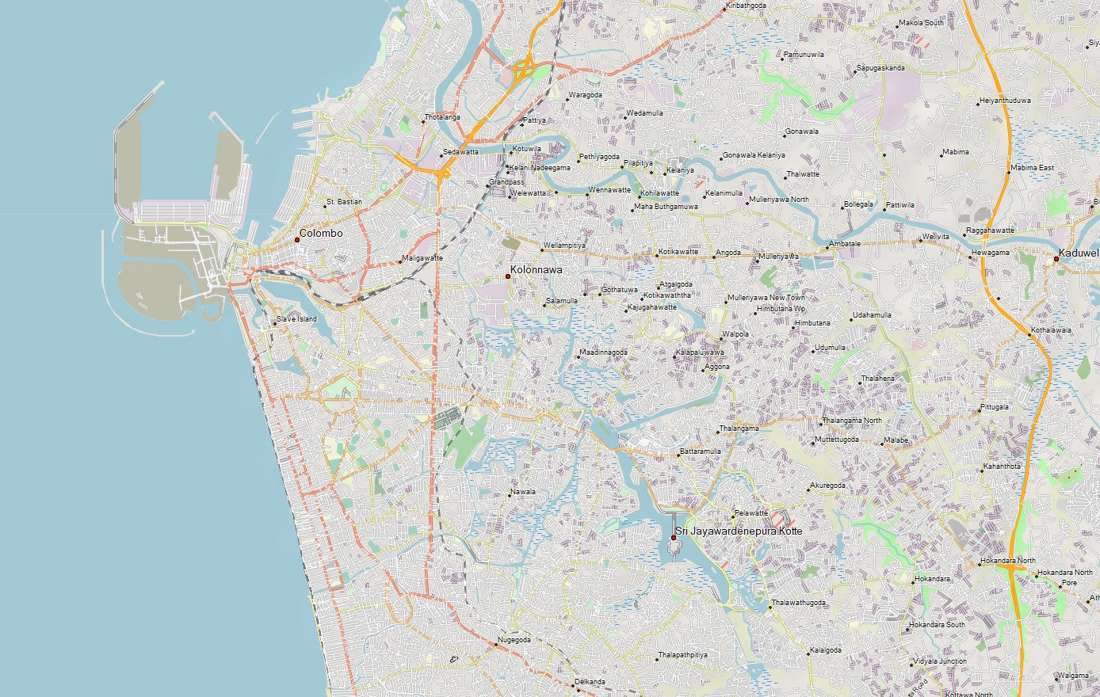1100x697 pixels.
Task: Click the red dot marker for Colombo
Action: [x=297, y=239]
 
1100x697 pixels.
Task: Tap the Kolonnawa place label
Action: [x=537, y=270]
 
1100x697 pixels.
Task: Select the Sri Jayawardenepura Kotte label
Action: [x=739, y=531]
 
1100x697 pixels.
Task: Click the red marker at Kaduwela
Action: [x=1056, y=258]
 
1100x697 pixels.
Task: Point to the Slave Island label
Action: [x=296, y=319]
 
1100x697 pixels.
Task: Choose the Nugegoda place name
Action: [x=514, y=639]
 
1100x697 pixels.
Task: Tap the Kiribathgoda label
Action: [x=747, y=6]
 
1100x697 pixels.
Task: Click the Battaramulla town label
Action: [x=701, y=451]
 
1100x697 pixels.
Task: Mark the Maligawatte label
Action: [x=422, y=258]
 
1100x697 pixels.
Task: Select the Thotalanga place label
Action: [x=442, y=117]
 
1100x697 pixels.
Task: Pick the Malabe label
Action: [x=896, y=440]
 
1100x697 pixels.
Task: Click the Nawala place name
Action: [x=523, y=492]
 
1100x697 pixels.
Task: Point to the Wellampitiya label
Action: [x=565, y=246]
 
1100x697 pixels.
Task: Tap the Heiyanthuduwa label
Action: [x=1005, y=101]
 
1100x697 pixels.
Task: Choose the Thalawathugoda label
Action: [x=799, y=603]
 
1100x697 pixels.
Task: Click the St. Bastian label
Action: [x=344, y=202]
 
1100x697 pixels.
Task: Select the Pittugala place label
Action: [x=995, y=407]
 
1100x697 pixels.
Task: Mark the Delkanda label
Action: [x=590, y=682]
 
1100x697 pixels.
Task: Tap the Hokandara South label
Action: [x=937, y=625]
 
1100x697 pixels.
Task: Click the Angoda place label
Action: [x=728, y=253]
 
